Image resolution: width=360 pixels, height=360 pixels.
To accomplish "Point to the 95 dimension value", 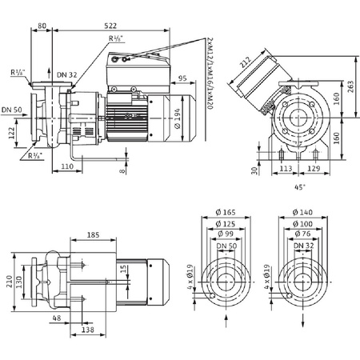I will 183,78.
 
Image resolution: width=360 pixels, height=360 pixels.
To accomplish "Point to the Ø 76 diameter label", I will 302,234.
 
